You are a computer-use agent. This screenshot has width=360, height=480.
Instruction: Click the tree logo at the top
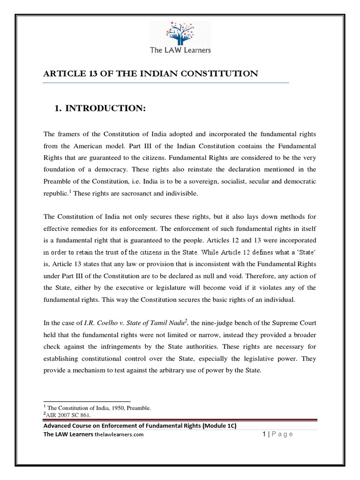point(180,32)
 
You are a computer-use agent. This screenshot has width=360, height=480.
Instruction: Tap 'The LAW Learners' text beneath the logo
point(180,50)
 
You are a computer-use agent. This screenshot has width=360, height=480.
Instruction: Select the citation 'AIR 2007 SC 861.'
point(67,415)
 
